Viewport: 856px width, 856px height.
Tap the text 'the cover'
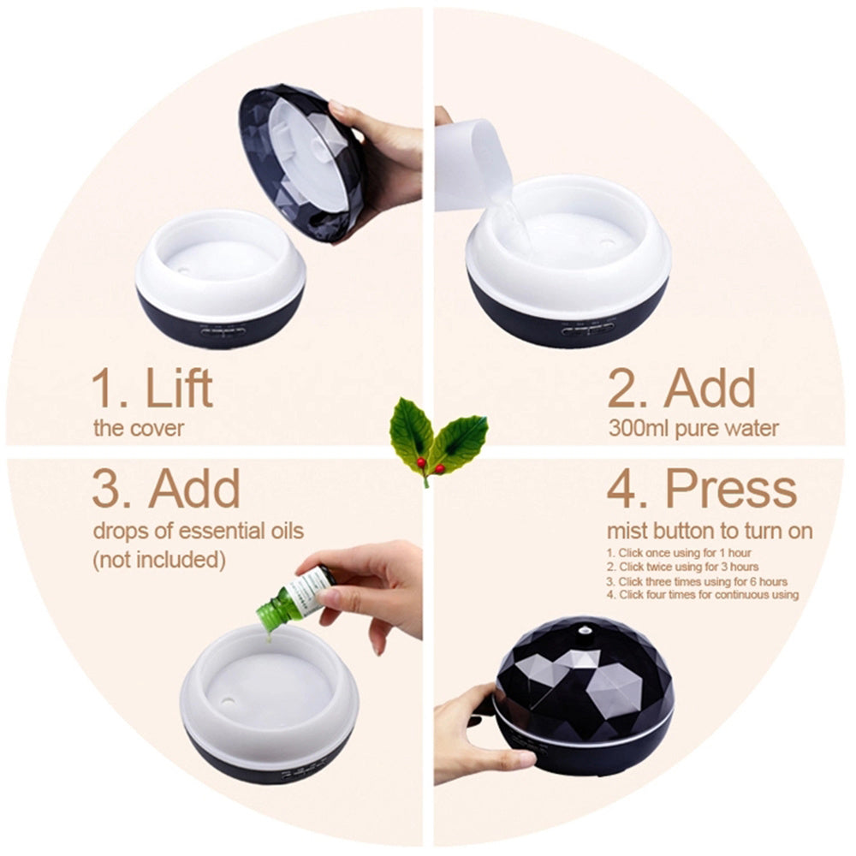[139, 428]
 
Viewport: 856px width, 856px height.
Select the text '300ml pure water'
[693, 428]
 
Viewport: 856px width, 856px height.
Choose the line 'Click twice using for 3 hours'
[682, 568]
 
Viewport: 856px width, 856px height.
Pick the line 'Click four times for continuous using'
[703, 595]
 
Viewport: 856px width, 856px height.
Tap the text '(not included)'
[158, 560]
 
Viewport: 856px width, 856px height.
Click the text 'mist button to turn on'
[710, 532]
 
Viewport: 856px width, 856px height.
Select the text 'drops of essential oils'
[198, 532]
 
